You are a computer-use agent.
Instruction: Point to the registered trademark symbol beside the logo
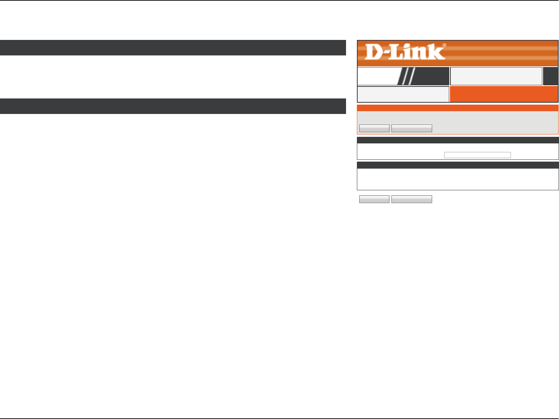pyautogui.click(x=444, y=45)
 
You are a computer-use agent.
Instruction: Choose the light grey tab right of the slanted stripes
pyautogui.click(x=496, y=76)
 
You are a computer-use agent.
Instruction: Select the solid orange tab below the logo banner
pyautogui.click(x=504, y=94)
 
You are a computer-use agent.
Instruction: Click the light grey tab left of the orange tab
pyautogui.click(x=403, y=94)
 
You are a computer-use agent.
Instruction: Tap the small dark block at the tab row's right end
pyautogui.click(x=550, y=76)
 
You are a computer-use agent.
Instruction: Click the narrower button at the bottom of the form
pyautogui.click(x=374, y=199)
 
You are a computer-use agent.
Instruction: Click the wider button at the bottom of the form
pyautogui.click(x=411, y=199)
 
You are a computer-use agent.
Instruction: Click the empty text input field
pyautogui.click(x=477, y=155)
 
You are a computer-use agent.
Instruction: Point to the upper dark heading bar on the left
pyautogui.click(x=173, y=48)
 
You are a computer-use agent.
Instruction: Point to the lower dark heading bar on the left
pyautogui.click(x=173, y=106)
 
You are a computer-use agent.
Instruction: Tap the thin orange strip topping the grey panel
pyautogui.click(x=457, y=108)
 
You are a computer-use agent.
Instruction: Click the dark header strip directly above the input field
pyautogui.click(x=457, y=140)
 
